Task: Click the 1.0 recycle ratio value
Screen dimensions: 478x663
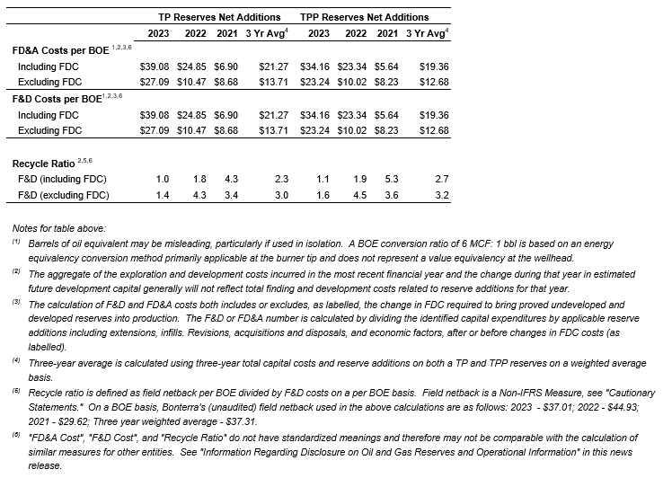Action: pos(163,180)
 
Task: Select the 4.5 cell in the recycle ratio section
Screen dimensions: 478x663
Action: pos(358,194)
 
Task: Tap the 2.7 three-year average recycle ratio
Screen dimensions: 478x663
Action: pos(441,180)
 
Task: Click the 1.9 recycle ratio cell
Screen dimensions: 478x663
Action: pos(358,180)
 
